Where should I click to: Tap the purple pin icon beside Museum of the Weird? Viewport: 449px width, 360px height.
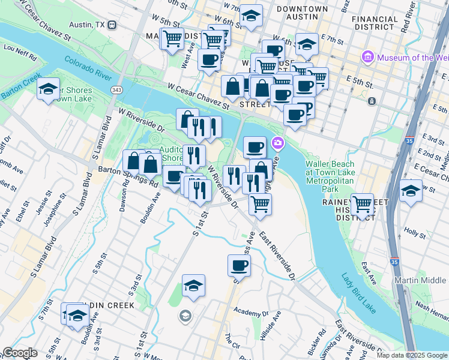click(368, 58)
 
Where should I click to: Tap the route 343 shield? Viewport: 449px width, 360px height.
click(117, 89)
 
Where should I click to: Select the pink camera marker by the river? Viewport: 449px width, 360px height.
click(277, 143)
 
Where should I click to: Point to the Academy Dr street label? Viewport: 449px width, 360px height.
click(251, 313)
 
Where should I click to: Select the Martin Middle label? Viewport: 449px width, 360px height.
click(420, 280)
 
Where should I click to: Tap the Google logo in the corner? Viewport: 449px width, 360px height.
click(20, 353)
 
